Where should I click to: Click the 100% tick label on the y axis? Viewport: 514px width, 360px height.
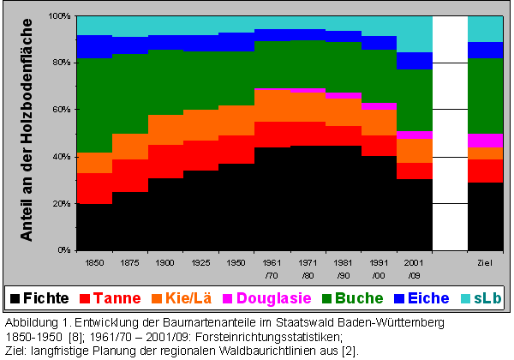pyautogui.click(x=59, y=16)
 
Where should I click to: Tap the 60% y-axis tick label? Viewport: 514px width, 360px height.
pyautogui.click(x=62, y=110)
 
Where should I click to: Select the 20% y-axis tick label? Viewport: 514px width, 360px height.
pyautogui.click(x=62, y=204)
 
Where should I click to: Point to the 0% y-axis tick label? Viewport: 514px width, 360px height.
pyautogui.click(x=64, y=250)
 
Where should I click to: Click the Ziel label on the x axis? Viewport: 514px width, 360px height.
pyautogui.click(x=485, y=260)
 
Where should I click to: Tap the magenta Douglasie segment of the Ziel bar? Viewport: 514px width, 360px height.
pyautogui.click(x=485, y=140)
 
